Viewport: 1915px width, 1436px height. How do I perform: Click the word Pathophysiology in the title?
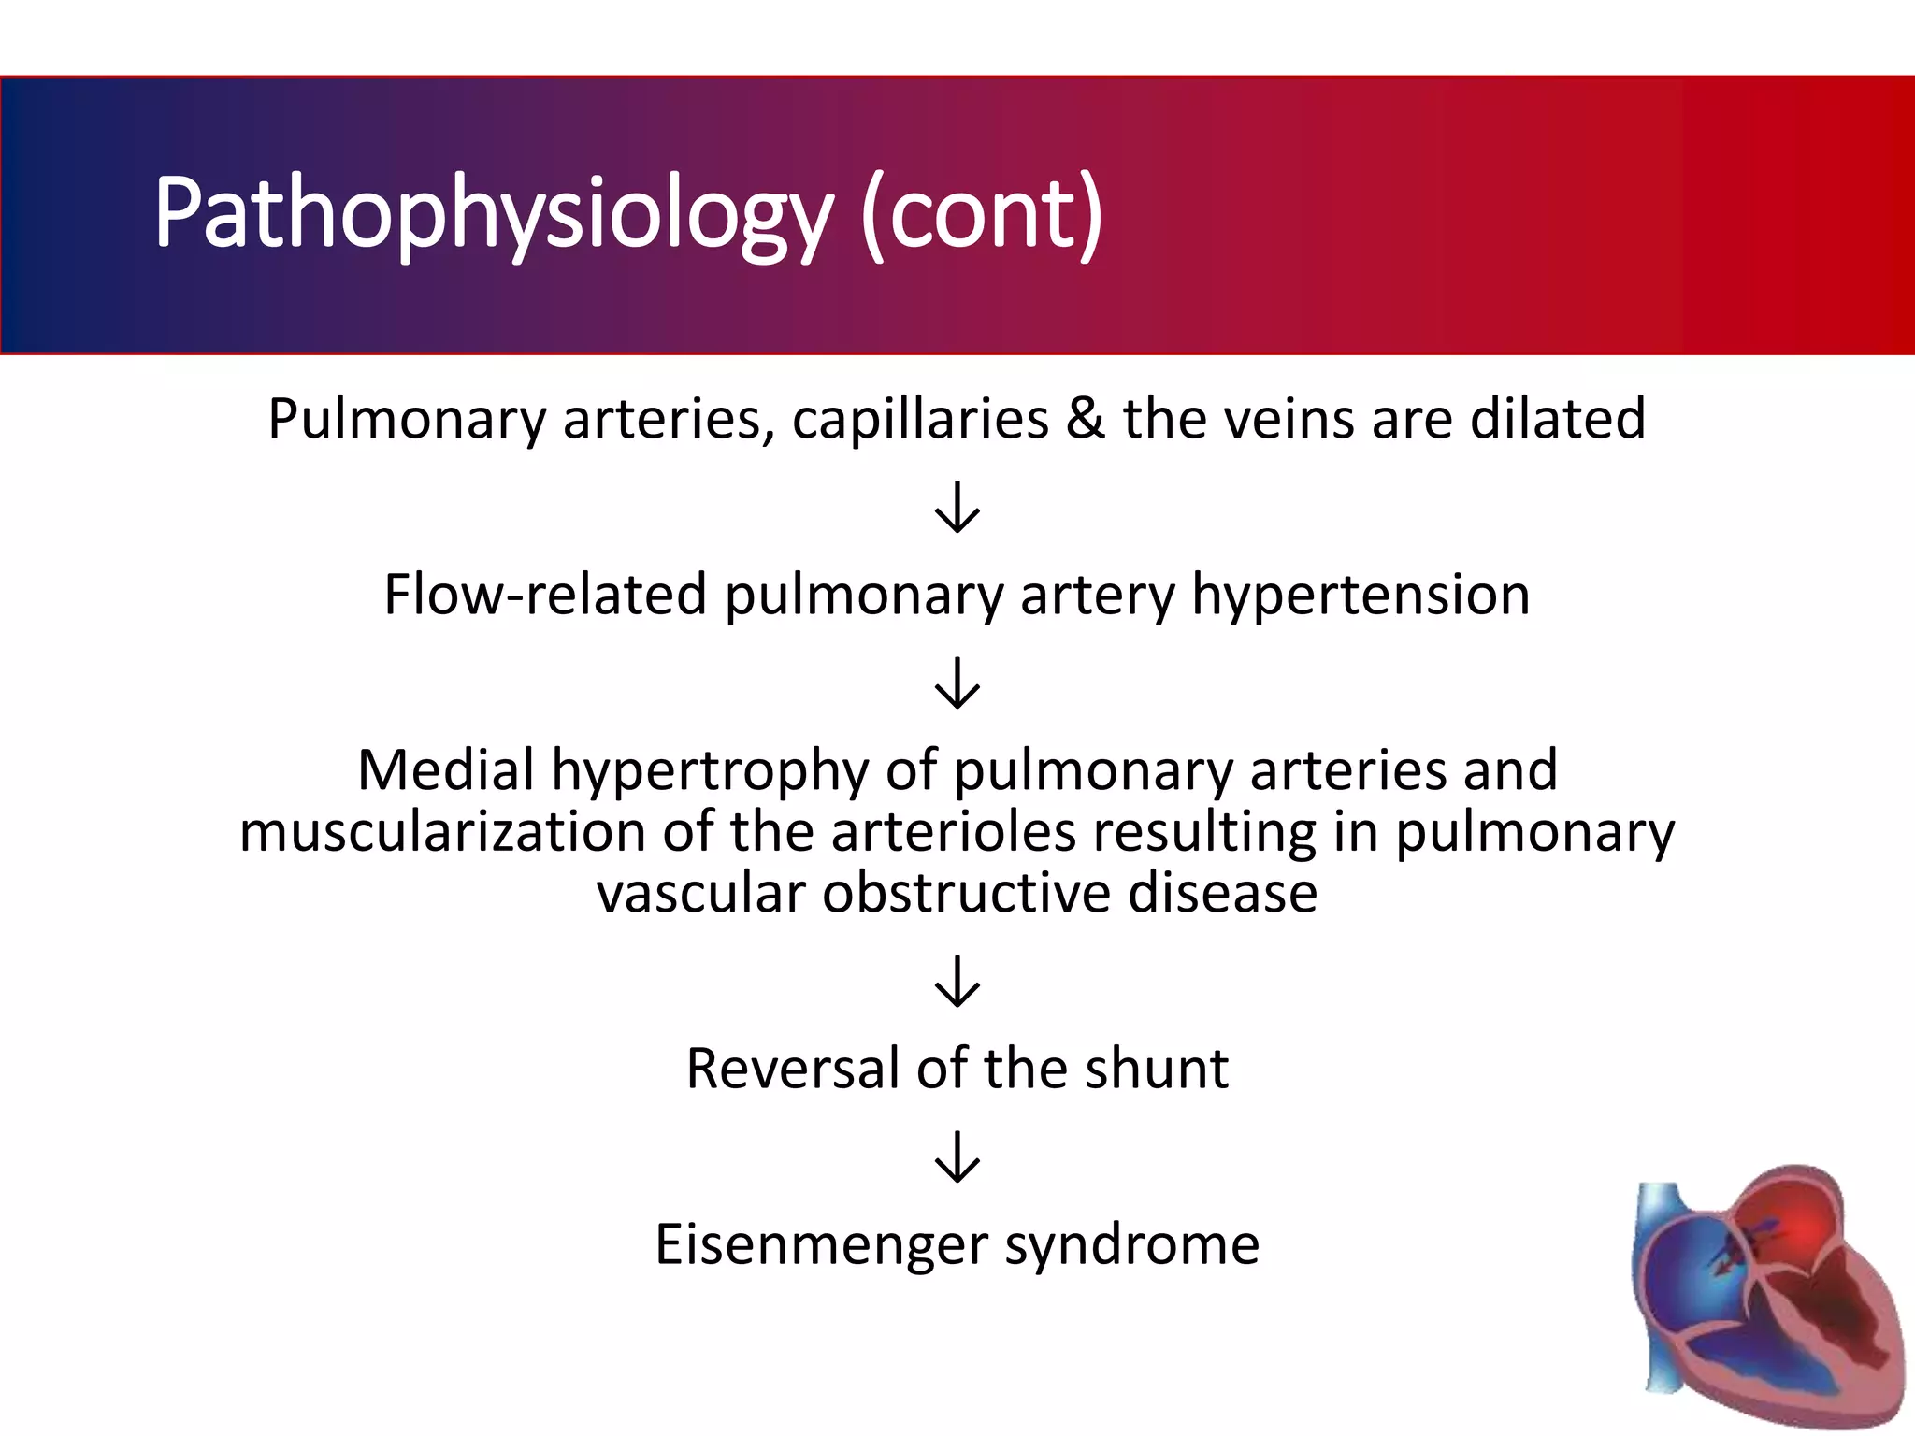[493, 213]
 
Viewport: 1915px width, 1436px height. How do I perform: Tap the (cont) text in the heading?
[982, 213]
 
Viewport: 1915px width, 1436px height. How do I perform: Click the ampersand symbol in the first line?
[1085, 418]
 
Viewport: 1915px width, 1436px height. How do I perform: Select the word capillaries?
[920, 418]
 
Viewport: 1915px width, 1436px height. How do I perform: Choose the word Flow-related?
[545, 594]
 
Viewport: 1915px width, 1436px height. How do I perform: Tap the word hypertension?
[1361, 594]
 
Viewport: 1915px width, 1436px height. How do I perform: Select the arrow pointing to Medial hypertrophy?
[957, 682]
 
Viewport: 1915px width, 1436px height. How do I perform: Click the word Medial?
[446, 769]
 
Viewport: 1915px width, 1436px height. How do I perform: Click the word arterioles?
[953, 831]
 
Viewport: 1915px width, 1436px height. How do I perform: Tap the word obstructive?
[966, 893]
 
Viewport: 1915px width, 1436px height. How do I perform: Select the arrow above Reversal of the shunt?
[957, 981]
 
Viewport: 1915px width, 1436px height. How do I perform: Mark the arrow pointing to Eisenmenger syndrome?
[957, 1156]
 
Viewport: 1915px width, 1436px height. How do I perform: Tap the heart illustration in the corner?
[1765, 1295]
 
